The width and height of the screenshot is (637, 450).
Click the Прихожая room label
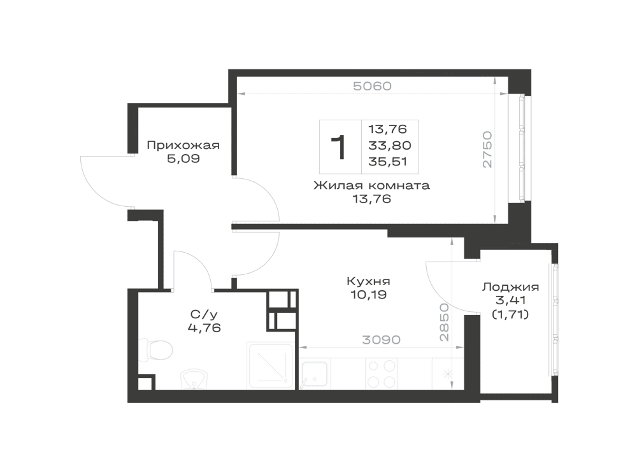(183, 145)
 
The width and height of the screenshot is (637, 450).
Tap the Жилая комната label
(372, 186)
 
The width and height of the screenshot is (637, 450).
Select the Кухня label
(368, 281)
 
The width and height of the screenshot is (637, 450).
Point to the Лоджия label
(510, 287)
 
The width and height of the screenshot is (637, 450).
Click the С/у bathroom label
(204, 314)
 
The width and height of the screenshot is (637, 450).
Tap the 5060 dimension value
(372, 86)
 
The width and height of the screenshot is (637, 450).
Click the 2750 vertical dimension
(487, 150)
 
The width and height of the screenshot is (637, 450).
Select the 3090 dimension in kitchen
(381, 340)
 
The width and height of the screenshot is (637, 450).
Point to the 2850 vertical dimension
(445, 322)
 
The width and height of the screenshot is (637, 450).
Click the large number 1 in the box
(339, 148)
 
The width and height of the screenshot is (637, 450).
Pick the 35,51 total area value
(387, 162)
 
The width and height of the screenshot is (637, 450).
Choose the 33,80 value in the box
(390, 145)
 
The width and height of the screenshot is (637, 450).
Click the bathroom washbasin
(194, 379)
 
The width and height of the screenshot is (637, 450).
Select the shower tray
(271, 365)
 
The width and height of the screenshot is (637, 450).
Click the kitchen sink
(315, 374)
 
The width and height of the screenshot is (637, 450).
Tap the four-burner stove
(382, 374)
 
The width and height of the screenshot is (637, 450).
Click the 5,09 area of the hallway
(183, 158)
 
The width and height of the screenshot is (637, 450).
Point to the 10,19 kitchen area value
(368, 295)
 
